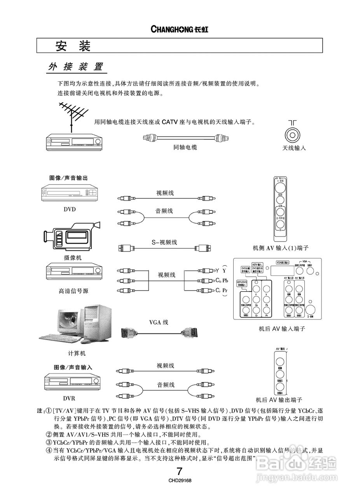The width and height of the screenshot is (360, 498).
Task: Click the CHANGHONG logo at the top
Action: click(179, 30)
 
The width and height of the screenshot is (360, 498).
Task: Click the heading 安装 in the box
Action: click(73, 46)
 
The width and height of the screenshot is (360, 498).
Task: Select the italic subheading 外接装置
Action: click(75, 67)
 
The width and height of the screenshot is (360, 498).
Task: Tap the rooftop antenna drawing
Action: click(73, 112)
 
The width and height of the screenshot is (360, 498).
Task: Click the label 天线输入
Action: click(294, 148)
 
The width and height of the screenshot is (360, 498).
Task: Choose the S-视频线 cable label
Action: click(164, 242)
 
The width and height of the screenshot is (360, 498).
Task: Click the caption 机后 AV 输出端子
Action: click(279, 400)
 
